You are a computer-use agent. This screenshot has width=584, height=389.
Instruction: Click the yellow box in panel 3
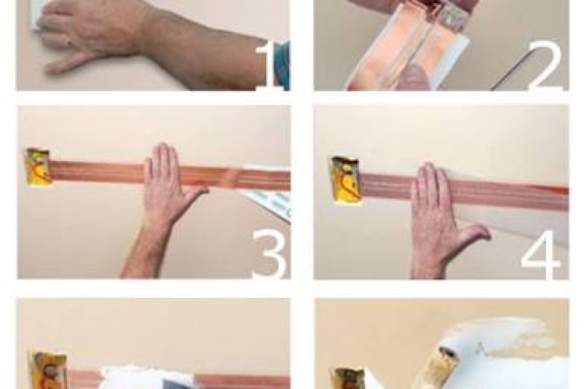pyautogui.click(x=37, y=166)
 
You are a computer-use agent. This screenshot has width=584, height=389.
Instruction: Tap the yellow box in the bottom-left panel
pyautogui.click(x=47, y=370)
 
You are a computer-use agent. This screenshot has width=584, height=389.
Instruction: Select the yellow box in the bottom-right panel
pyautogui.click(x=349, y=378)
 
